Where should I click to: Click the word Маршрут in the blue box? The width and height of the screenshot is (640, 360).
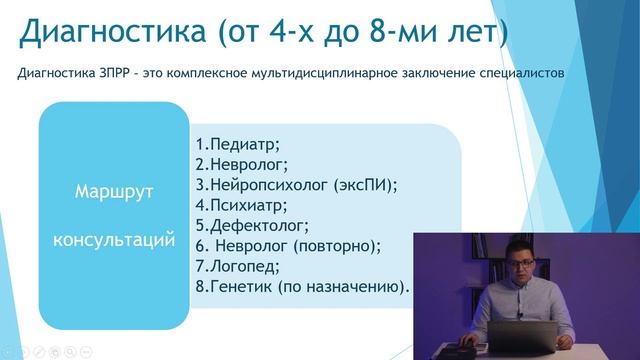(x=113, y=193)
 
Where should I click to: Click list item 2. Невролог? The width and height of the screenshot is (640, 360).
(x=241, y=163)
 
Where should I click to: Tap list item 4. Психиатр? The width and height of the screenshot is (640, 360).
(x=241, y=205)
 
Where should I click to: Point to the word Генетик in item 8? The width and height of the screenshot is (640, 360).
(x=240, y=287)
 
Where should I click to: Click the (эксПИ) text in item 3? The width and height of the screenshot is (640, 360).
(x=367, y=184)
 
